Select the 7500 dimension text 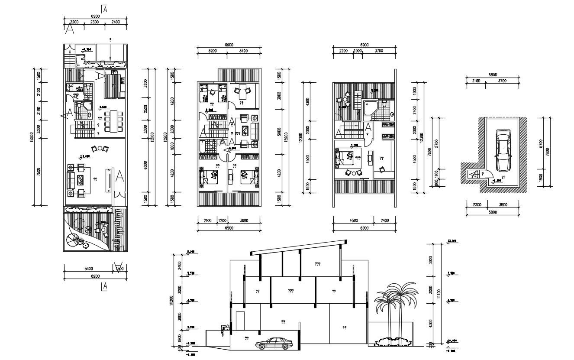[39, 172]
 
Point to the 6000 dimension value [146, 165]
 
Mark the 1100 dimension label [436, 174]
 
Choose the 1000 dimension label [358, 51]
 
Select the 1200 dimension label [222, 221]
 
